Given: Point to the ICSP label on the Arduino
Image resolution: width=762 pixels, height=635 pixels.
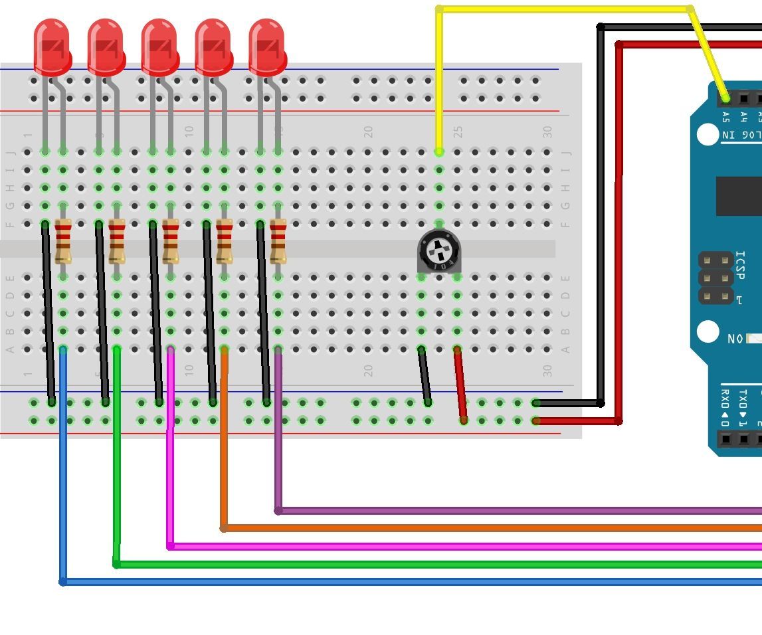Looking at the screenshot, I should [741, 266].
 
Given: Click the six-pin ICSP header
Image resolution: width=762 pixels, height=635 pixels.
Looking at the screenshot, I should [715, 278].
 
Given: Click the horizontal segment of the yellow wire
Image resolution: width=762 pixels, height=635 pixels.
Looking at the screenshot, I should [565, 9].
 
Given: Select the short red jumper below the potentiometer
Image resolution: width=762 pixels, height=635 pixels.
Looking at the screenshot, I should [460, 385].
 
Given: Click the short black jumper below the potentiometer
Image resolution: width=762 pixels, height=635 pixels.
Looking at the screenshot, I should [425, 376].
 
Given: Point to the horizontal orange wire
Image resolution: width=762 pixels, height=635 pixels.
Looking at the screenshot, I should [492, 528].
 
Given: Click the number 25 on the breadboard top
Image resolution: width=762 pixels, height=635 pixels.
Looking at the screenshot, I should [458, 132].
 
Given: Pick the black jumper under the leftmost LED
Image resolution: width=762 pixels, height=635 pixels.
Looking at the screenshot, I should [48, 312].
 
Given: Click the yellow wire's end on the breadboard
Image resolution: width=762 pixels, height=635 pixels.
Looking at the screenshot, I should [439, 152].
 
